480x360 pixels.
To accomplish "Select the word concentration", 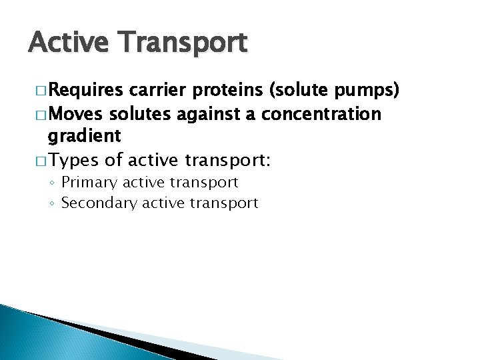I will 321,114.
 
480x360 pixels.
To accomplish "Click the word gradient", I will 84,137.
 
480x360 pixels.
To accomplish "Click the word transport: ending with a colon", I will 217,160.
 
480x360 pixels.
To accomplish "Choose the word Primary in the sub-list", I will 88,182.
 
